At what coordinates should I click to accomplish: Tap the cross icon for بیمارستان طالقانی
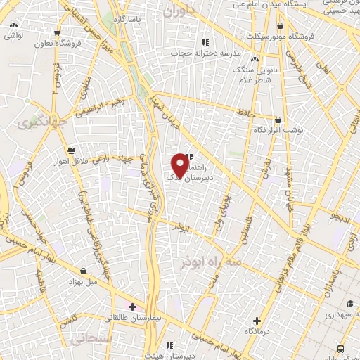[x=132, y=306]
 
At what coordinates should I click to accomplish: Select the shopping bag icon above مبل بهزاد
[x=84, y=271]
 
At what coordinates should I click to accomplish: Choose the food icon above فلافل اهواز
[x=71, y=150]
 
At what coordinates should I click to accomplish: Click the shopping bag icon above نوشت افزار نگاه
[x=278, y=120]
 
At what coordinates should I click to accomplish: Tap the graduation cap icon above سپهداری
[x=349, y=303]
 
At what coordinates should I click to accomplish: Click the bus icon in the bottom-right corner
[x=341, y=349]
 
